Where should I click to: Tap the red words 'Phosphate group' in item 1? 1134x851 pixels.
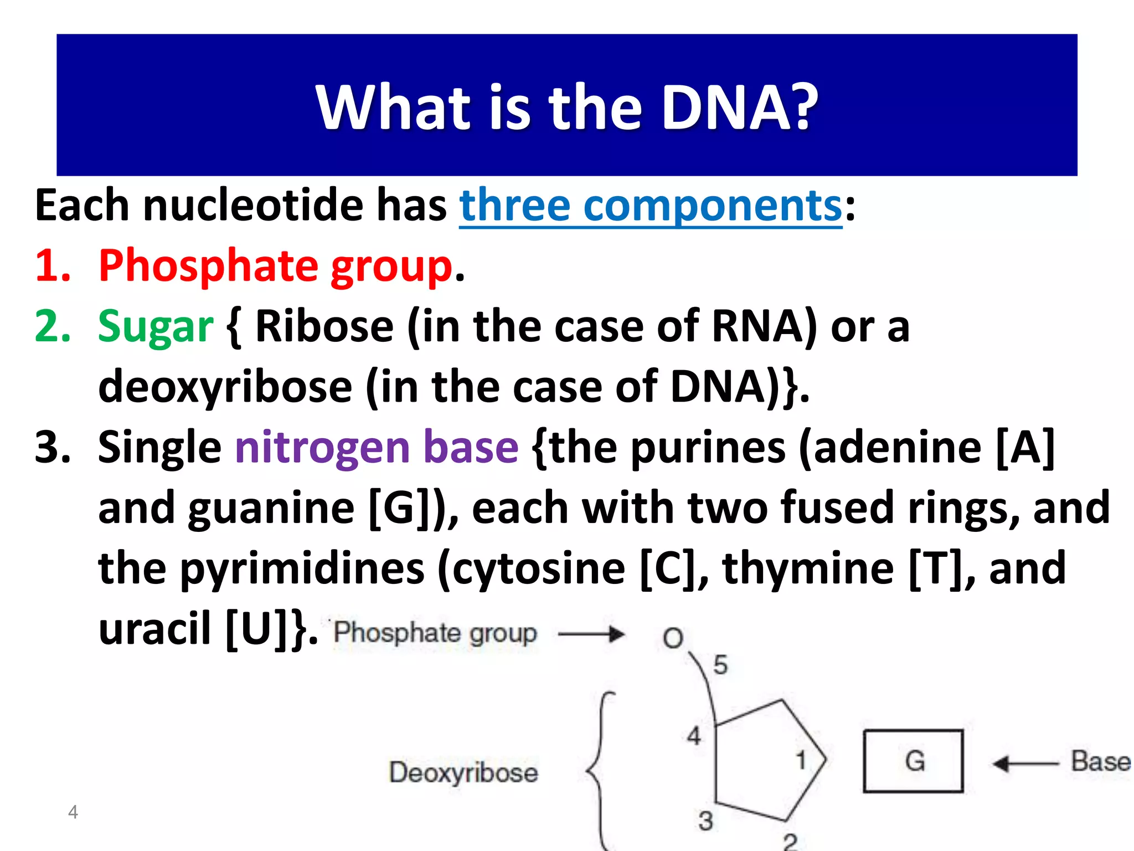pos(276,266)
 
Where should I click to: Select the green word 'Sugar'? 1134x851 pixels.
pos(156,326)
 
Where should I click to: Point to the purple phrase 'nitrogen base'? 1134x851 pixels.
pos(377,447)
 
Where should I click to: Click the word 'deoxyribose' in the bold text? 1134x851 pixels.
pos(225,387)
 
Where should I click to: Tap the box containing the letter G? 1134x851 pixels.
pos(913,761)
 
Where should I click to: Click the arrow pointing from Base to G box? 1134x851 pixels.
pos(1025,764)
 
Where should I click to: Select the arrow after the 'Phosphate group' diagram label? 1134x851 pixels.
pos(591,634)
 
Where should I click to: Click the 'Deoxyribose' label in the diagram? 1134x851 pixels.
pos(463,772)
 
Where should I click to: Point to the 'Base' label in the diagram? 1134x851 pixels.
pos(1100,761)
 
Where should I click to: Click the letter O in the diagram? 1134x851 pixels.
pos(673,638)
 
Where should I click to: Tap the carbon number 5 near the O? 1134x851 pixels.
pos(720,665)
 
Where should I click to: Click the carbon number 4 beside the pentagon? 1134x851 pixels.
pos(694,736)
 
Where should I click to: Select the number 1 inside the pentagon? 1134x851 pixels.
pos(801,760)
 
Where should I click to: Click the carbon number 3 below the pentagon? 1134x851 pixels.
pos(705,821)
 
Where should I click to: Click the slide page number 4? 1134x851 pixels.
pos(73,812)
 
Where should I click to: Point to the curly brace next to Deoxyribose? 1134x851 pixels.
pos(600,770)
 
